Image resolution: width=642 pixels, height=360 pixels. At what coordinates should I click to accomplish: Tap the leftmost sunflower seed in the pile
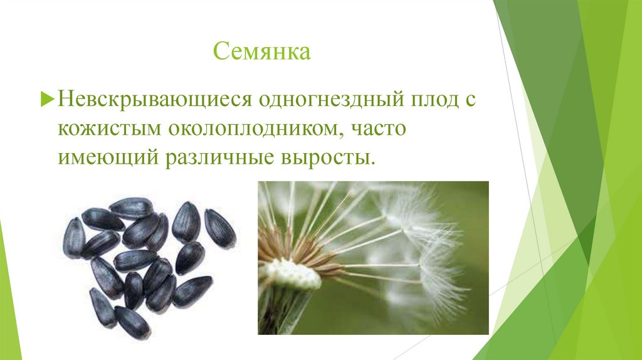(73, 237)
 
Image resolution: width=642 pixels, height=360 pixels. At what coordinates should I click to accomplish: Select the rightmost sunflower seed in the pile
(220, 228)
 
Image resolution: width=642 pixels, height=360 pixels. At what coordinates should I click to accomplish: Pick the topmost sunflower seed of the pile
(131, 208)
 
